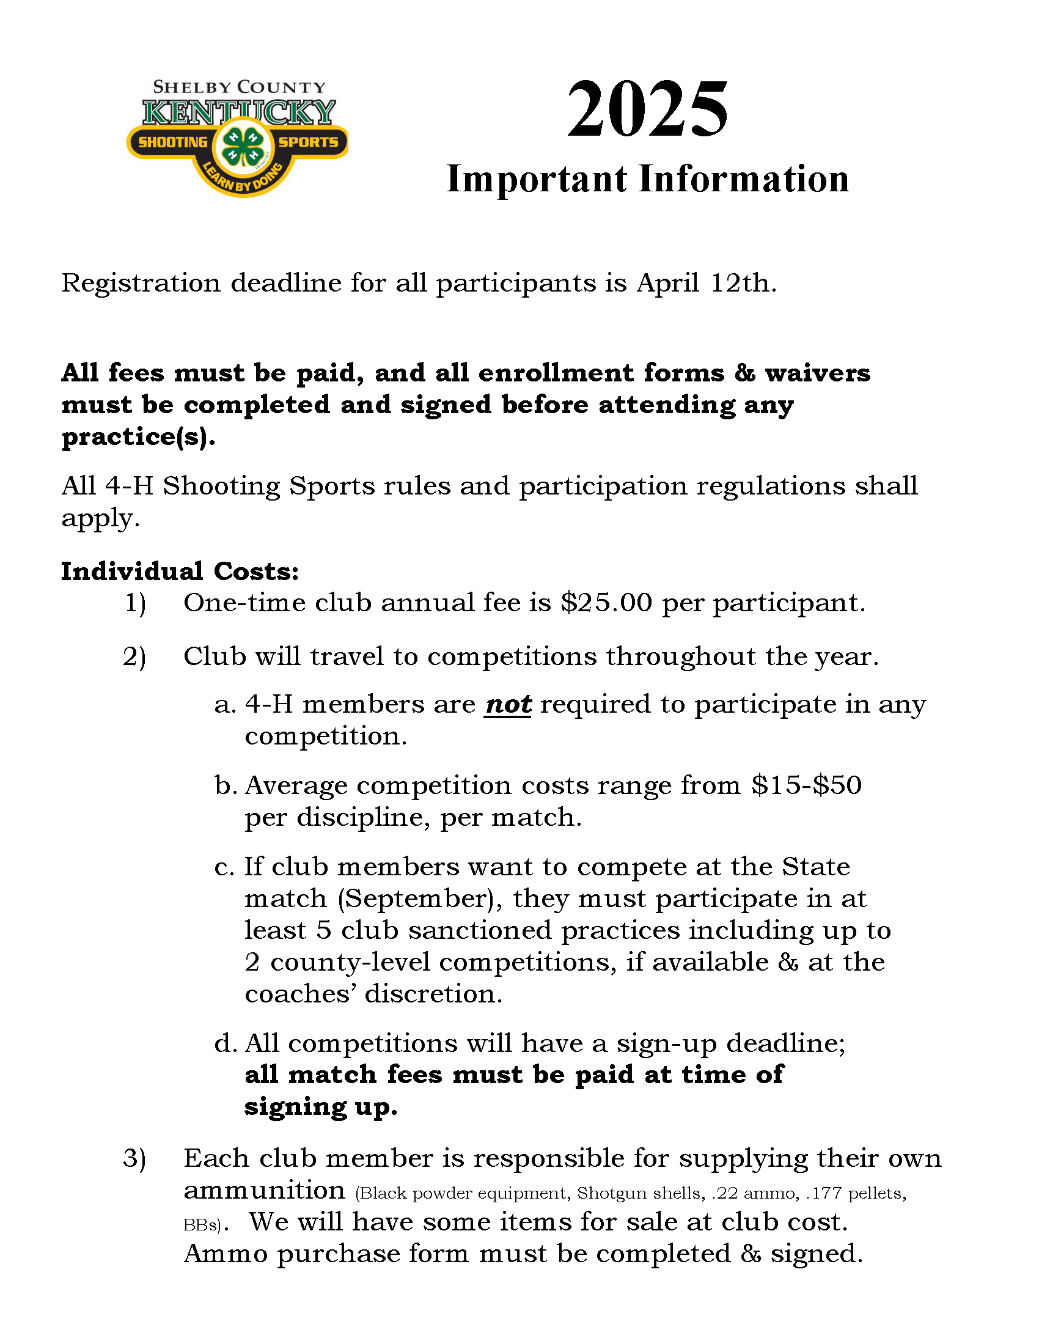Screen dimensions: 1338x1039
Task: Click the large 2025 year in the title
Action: pos(647,110)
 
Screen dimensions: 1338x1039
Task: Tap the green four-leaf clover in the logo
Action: pos(243,148)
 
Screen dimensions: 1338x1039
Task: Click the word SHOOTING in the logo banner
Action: pos(173,142)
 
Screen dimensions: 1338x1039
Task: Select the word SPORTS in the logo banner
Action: pos(308,142)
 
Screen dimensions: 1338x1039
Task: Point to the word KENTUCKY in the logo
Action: pos(239,112)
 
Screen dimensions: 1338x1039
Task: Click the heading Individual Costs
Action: pos(180,571)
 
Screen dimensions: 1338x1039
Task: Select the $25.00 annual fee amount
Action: pos(606,603)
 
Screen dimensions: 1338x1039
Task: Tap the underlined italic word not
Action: pos(507,705)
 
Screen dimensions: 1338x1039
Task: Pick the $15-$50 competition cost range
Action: pos(807,785)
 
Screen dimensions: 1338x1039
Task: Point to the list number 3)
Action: pos(135,1158)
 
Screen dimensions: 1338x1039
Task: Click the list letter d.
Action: pos(226,1043)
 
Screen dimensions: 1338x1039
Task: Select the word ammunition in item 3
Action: pos(265,1190)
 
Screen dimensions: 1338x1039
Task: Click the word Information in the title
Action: pos(744,180)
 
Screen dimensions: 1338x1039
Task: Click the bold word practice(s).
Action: pos(139,437)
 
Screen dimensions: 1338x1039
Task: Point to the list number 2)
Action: pos(135,656)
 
